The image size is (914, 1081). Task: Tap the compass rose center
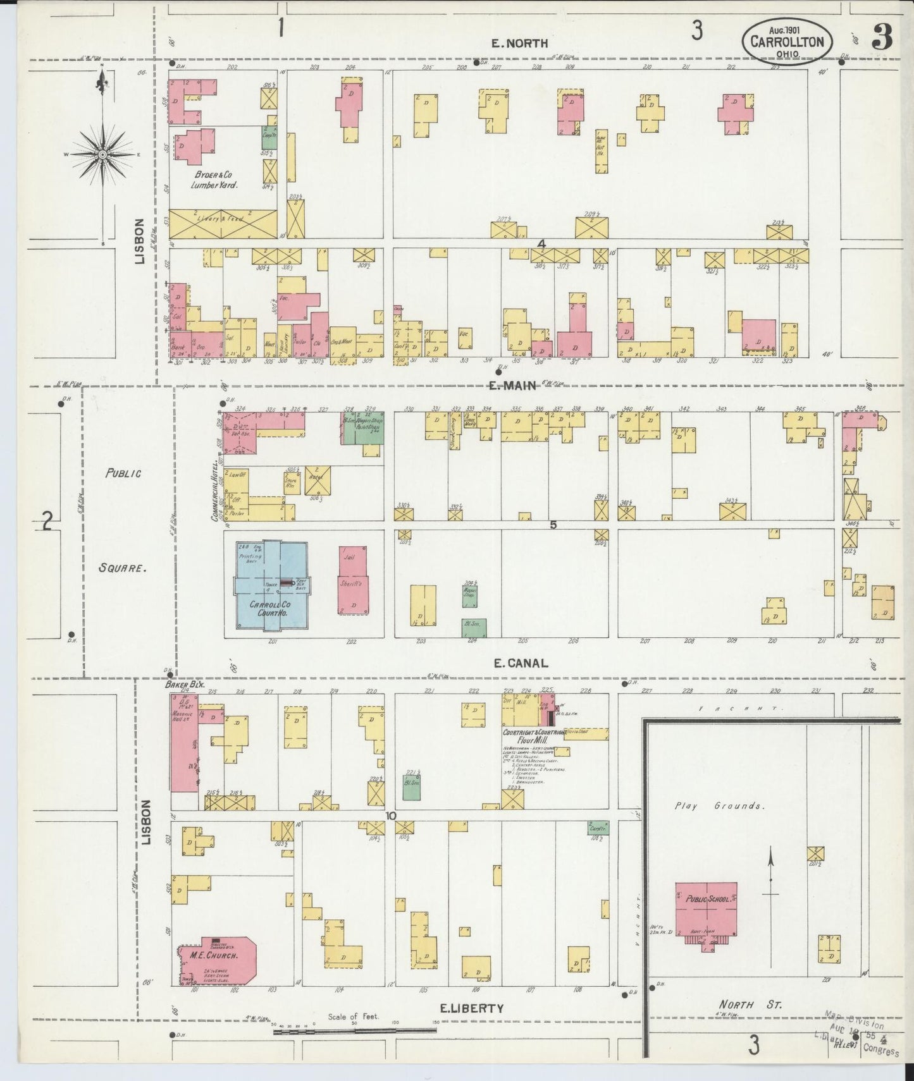(102, 154)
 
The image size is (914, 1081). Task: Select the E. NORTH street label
(520, 43)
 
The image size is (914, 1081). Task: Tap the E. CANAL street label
(520, 663)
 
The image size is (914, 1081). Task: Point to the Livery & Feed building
(223, 223)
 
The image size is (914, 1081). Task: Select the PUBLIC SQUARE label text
(123, 520)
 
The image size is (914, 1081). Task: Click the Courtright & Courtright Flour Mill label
(533, 736)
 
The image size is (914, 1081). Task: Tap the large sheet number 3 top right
(882, 39)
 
